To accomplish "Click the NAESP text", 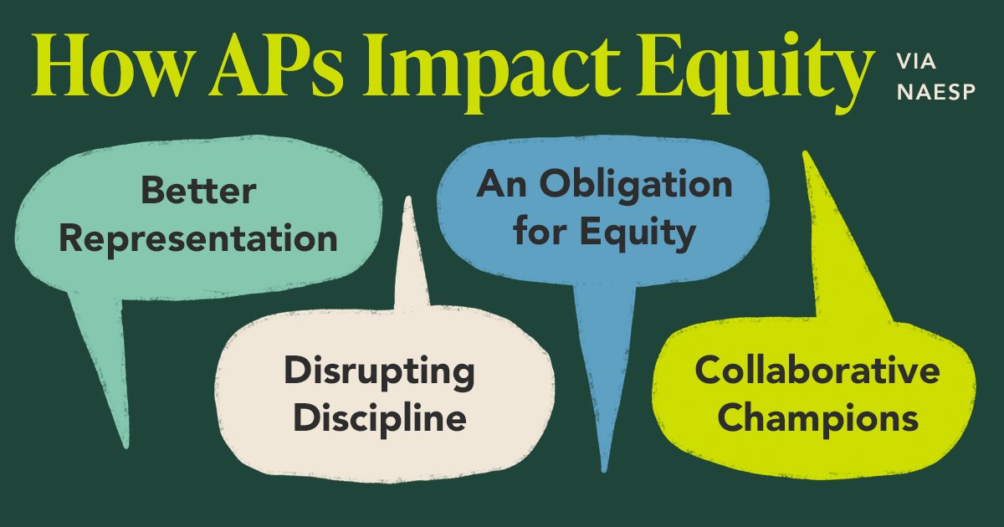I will (935, 92).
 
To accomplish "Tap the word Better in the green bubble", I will (198, 191).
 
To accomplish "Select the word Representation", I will (198, 238).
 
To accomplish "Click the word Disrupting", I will (379, 371).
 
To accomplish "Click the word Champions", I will (817, 418).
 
